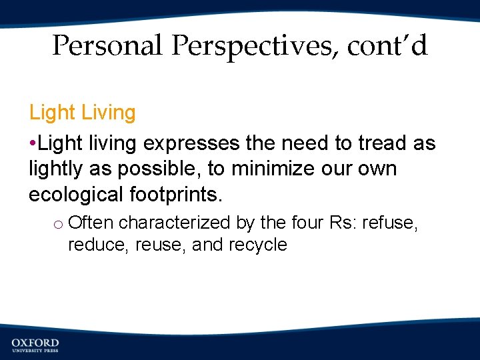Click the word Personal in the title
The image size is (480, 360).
pos(107,46)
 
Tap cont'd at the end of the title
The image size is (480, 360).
pos(387,46)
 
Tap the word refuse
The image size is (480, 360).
pos(393,222)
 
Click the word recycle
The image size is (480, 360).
pos(257,245)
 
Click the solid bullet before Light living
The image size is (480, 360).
pos(33,144)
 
